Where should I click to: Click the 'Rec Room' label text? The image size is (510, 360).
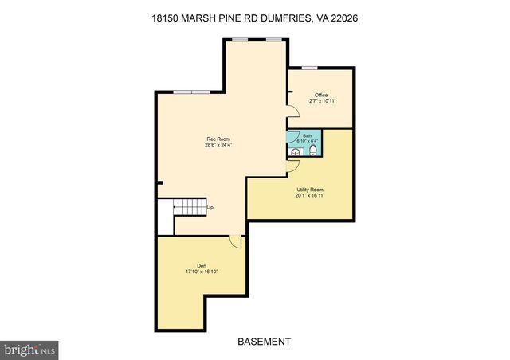[213, 139]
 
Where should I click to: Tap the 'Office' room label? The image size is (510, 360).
[321, 95]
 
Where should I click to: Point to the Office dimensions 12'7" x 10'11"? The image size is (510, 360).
[321, 101]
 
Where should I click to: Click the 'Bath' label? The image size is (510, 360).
[307, 136]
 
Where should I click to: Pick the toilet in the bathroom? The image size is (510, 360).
[314, 150]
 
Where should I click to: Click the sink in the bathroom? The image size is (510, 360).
[296, 152]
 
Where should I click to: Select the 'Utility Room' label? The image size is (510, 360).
[300, 189]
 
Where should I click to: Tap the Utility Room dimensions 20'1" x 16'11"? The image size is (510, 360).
[300, 195]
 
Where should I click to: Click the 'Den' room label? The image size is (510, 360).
[202, 265]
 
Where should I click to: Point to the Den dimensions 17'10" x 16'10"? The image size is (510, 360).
[202, 272]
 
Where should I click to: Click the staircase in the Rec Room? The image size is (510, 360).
[190, 209]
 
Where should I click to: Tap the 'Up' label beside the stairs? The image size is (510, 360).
[210, 209]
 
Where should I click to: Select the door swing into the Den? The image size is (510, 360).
[233, 241]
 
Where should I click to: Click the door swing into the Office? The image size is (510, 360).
[292, 115]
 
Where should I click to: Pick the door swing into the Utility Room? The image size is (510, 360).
[292, 165]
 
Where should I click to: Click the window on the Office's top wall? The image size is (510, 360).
[309, 68]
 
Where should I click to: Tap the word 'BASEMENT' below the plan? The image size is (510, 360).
[264, 342]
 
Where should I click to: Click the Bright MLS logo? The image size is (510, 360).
[30, 348]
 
